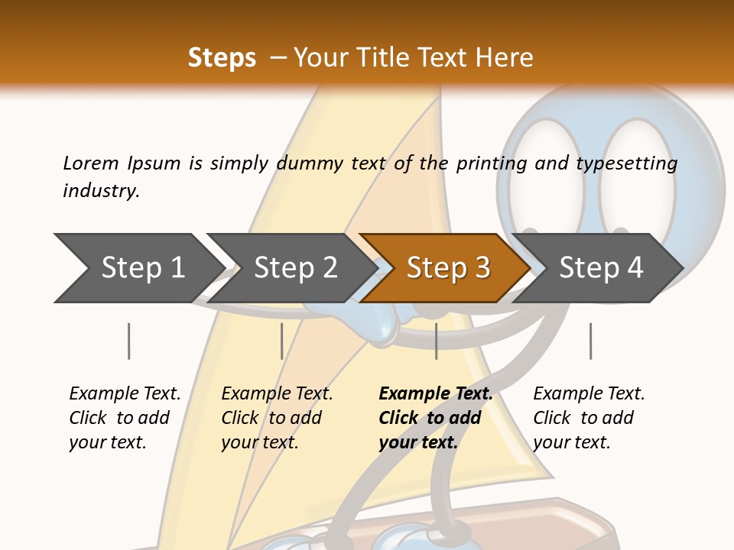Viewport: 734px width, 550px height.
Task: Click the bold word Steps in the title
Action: [222, 58]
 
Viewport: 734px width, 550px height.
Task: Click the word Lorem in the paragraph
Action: [91, 163]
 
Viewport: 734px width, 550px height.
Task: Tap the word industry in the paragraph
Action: [100, 190]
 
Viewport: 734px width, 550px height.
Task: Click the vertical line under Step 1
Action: [128, 341]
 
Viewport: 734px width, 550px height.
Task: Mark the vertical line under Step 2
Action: [281, 341]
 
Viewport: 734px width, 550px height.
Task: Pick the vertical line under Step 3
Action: [436, 341]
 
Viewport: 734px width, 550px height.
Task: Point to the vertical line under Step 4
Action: [590, 341]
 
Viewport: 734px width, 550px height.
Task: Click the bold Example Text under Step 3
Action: [436, 394]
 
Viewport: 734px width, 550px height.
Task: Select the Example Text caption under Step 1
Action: [125, 394]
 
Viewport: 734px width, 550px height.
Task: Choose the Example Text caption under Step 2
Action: [277, 394]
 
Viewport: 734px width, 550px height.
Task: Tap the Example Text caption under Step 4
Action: [589, 394]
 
